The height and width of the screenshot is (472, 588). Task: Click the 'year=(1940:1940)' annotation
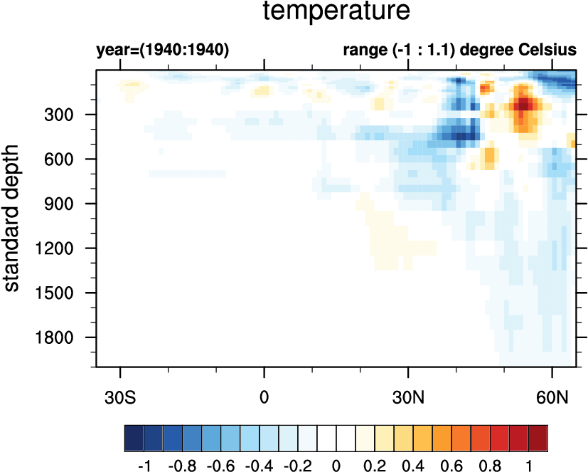[x=162, y=51]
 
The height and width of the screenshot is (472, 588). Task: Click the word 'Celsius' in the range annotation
[x=549, y=51]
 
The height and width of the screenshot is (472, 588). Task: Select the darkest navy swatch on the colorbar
[x=134, y=435]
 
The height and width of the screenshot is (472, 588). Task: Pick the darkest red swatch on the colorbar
[x=538, y=435]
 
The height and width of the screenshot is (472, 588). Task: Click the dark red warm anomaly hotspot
[x=524, y=105]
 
